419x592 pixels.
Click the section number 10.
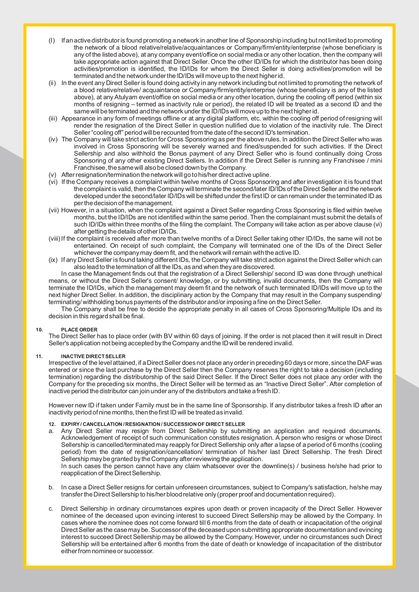40,329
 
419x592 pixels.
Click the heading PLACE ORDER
79,329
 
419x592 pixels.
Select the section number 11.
40,356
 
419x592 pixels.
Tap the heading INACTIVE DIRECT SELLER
93,356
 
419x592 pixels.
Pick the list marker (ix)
53,260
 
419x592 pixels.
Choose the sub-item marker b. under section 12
51,487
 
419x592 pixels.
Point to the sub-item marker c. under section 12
51,508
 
